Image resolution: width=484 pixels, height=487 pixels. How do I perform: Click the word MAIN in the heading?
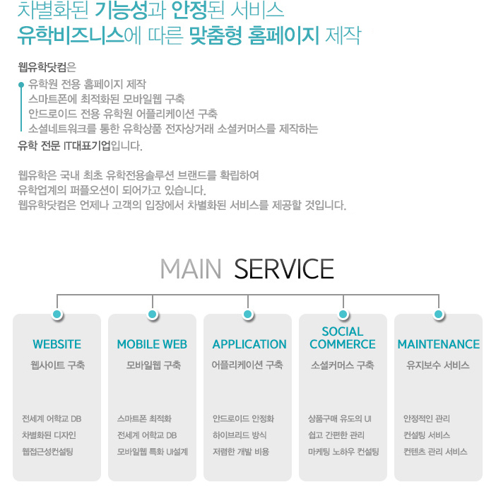[x=191, y=269]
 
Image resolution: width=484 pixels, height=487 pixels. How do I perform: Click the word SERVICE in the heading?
[x=284, y=269]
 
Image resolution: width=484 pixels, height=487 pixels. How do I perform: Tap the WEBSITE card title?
[x=57, y=344]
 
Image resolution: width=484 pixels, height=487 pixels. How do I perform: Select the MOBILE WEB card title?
[x=152, y=344]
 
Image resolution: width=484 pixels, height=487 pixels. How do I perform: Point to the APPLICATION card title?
[x=249, y=344]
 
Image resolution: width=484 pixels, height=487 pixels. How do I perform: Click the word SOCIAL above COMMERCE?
[x=343, y=331]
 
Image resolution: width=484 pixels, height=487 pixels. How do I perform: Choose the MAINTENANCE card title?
[x=438, y=344]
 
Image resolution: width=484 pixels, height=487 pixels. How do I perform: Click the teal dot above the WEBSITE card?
[x=57, y=315]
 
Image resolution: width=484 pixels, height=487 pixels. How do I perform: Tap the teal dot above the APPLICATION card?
[x=248, y=315]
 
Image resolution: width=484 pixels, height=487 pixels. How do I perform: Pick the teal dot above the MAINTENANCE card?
[x=438, y=315]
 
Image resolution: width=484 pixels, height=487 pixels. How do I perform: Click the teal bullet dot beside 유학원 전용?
[x=21, y=85]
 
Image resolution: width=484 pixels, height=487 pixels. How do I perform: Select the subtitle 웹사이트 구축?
[x=57, y=365]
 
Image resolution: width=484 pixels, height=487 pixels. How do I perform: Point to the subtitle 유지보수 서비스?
[x=438, y=365]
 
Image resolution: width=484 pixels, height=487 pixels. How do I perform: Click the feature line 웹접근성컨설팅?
[x=47, y=451]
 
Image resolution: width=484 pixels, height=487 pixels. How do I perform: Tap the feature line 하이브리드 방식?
[x=240, y=435]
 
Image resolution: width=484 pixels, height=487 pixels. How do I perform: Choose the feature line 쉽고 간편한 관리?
[x=336, y=435]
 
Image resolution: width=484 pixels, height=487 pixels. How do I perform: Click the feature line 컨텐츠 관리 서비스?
[x=435, y=451]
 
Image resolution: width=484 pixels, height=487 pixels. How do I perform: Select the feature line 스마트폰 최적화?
[x=144, y=418]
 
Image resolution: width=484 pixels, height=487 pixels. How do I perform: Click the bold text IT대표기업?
[x=87, y=146]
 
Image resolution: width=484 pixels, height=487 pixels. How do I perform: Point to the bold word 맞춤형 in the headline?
[x=216, y=35]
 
